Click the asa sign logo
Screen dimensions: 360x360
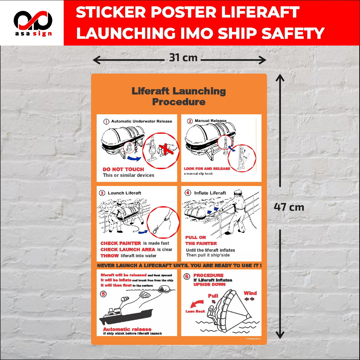tap(33, 23)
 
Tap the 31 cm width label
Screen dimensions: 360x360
tap(183, 57)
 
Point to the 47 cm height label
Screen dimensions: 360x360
tap(289, 207)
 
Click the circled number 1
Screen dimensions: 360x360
tap(106, 122)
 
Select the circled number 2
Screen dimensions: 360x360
tap(190, 121)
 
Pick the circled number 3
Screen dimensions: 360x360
tap(102, 193)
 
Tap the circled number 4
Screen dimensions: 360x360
tap(188, 193)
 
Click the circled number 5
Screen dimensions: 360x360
tap(103, 294)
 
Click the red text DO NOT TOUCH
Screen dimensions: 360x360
tap(123, 169)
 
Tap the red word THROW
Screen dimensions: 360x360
tap(110, 256)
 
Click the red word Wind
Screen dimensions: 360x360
tap(250, 293)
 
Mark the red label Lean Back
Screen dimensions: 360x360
tap(195, 311)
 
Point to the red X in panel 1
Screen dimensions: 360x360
tap(166, 149)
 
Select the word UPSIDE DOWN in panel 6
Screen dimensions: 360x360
tap(209, 284)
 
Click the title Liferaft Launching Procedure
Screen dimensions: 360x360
tap(179, 97)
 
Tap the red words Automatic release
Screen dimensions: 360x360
tap(127, 329)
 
